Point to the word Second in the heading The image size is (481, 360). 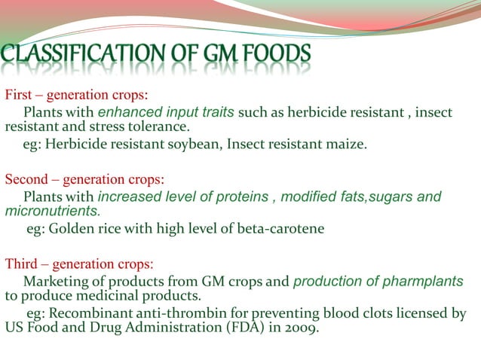26,180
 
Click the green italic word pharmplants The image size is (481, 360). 424,282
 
